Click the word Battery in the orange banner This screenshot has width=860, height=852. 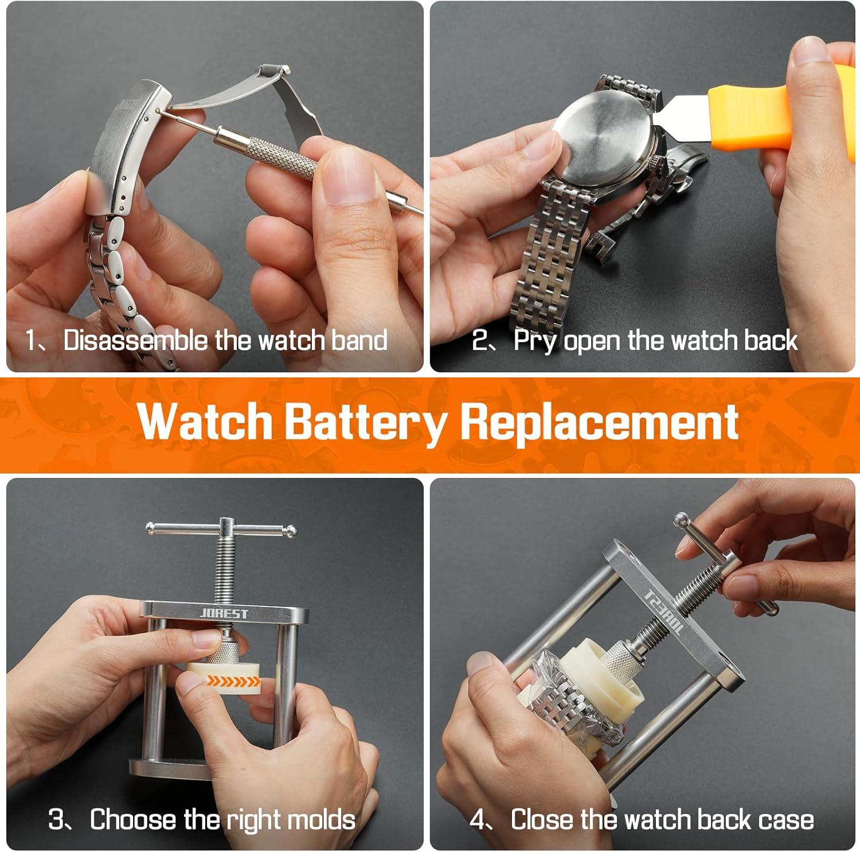(x=365, y=423)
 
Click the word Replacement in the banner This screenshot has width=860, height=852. (x=600, y=423)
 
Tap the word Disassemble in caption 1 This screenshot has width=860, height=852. (x=136, y=340)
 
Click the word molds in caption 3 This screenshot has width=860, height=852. (x=322, y=819)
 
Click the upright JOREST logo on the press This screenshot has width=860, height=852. (x=224, y=613)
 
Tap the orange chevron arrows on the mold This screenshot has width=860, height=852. (x=233, y=681)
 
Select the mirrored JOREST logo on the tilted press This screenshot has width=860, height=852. (x=665, y=612)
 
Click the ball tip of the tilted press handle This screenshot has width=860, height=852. (x=681, y=519)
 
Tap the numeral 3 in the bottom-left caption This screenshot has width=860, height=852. (x=56, y=819)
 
